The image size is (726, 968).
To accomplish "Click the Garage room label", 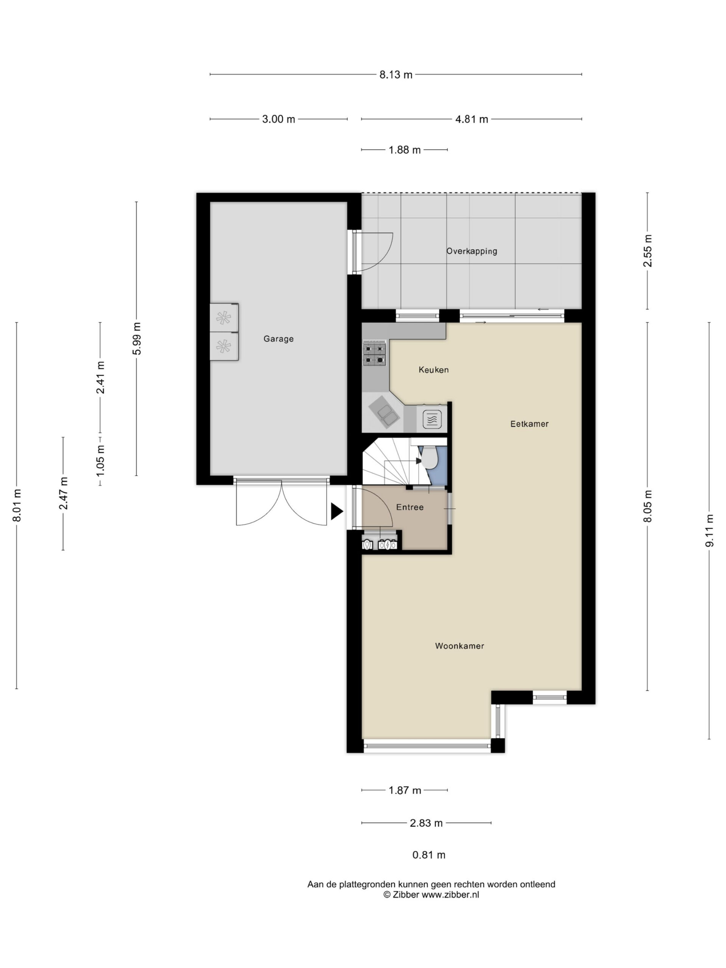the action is (x=278, y=339).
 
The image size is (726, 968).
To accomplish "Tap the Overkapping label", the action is (x=472, y=251).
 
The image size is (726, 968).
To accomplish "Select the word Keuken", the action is (x=434, y=370).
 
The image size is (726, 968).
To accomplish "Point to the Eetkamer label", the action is (x=529, y=423).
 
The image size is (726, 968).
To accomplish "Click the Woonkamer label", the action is (x=459, y=646).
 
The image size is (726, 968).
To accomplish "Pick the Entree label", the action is (x=410, y=507).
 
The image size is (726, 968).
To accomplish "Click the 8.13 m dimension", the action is (x=396, y=75).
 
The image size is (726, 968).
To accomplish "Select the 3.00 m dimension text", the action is (x=279, y=119).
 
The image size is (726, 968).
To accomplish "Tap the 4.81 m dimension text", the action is (x=472, y=119).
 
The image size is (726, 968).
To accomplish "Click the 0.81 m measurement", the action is (x=429, y=855).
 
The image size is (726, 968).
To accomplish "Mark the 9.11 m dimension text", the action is (x=709, y=531).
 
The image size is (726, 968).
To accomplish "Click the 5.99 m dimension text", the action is (x=137, y=339).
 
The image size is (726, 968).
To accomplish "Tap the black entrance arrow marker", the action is (x=337, y=512).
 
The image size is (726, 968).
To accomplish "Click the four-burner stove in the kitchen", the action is (x=374, y=354).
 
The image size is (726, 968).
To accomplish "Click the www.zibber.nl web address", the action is (x=450, y=895).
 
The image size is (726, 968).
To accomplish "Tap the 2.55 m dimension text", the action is (x=648, y=251).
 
